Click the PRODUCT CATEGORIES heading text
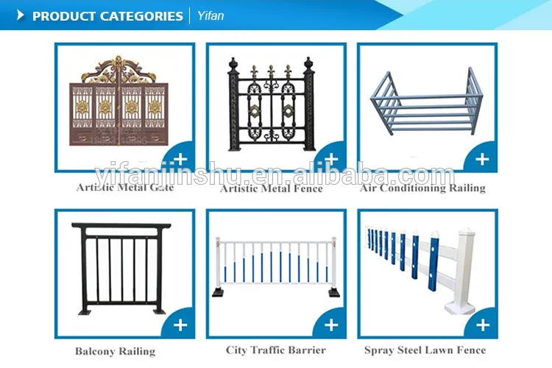tap(107, 15)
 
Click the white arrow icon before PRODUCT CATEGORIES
tap(21, 15)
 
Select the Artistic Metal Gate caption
tap(125, 188)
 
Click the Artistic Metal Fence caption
tap(272, 188)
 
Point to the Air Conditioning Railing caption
tap(422, 188)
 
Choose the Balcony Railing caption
tap(115, 352)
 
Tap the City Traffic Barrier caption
tap(276, 350)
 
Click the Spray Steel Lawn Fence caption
tap(425, 350)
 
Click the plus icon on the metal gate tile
tap(180, 159)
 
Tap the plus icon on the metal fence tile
tap(331, 159)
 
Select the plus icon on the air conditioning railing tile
tap(482, 159)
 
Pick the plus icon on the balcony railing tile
tap(180, 324)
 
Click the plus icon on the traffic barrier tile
tap(331, 324)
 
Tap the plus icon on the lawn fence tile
tap(482, 324)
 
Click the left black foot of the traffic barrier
tap(219, 293)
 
